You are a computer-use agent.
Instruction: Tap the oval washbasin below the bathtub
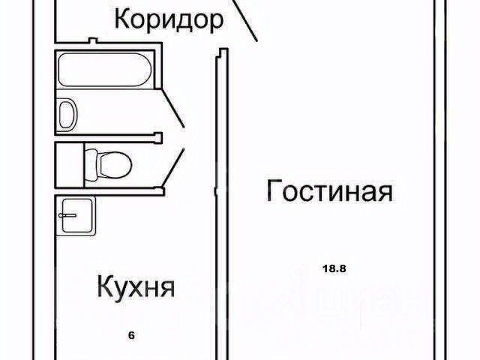click(67, 114)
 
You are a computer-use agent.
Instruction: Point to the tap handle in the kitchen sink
click(67, 214)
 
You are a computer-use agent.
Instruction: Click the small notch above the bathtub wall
click(91, 40)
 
